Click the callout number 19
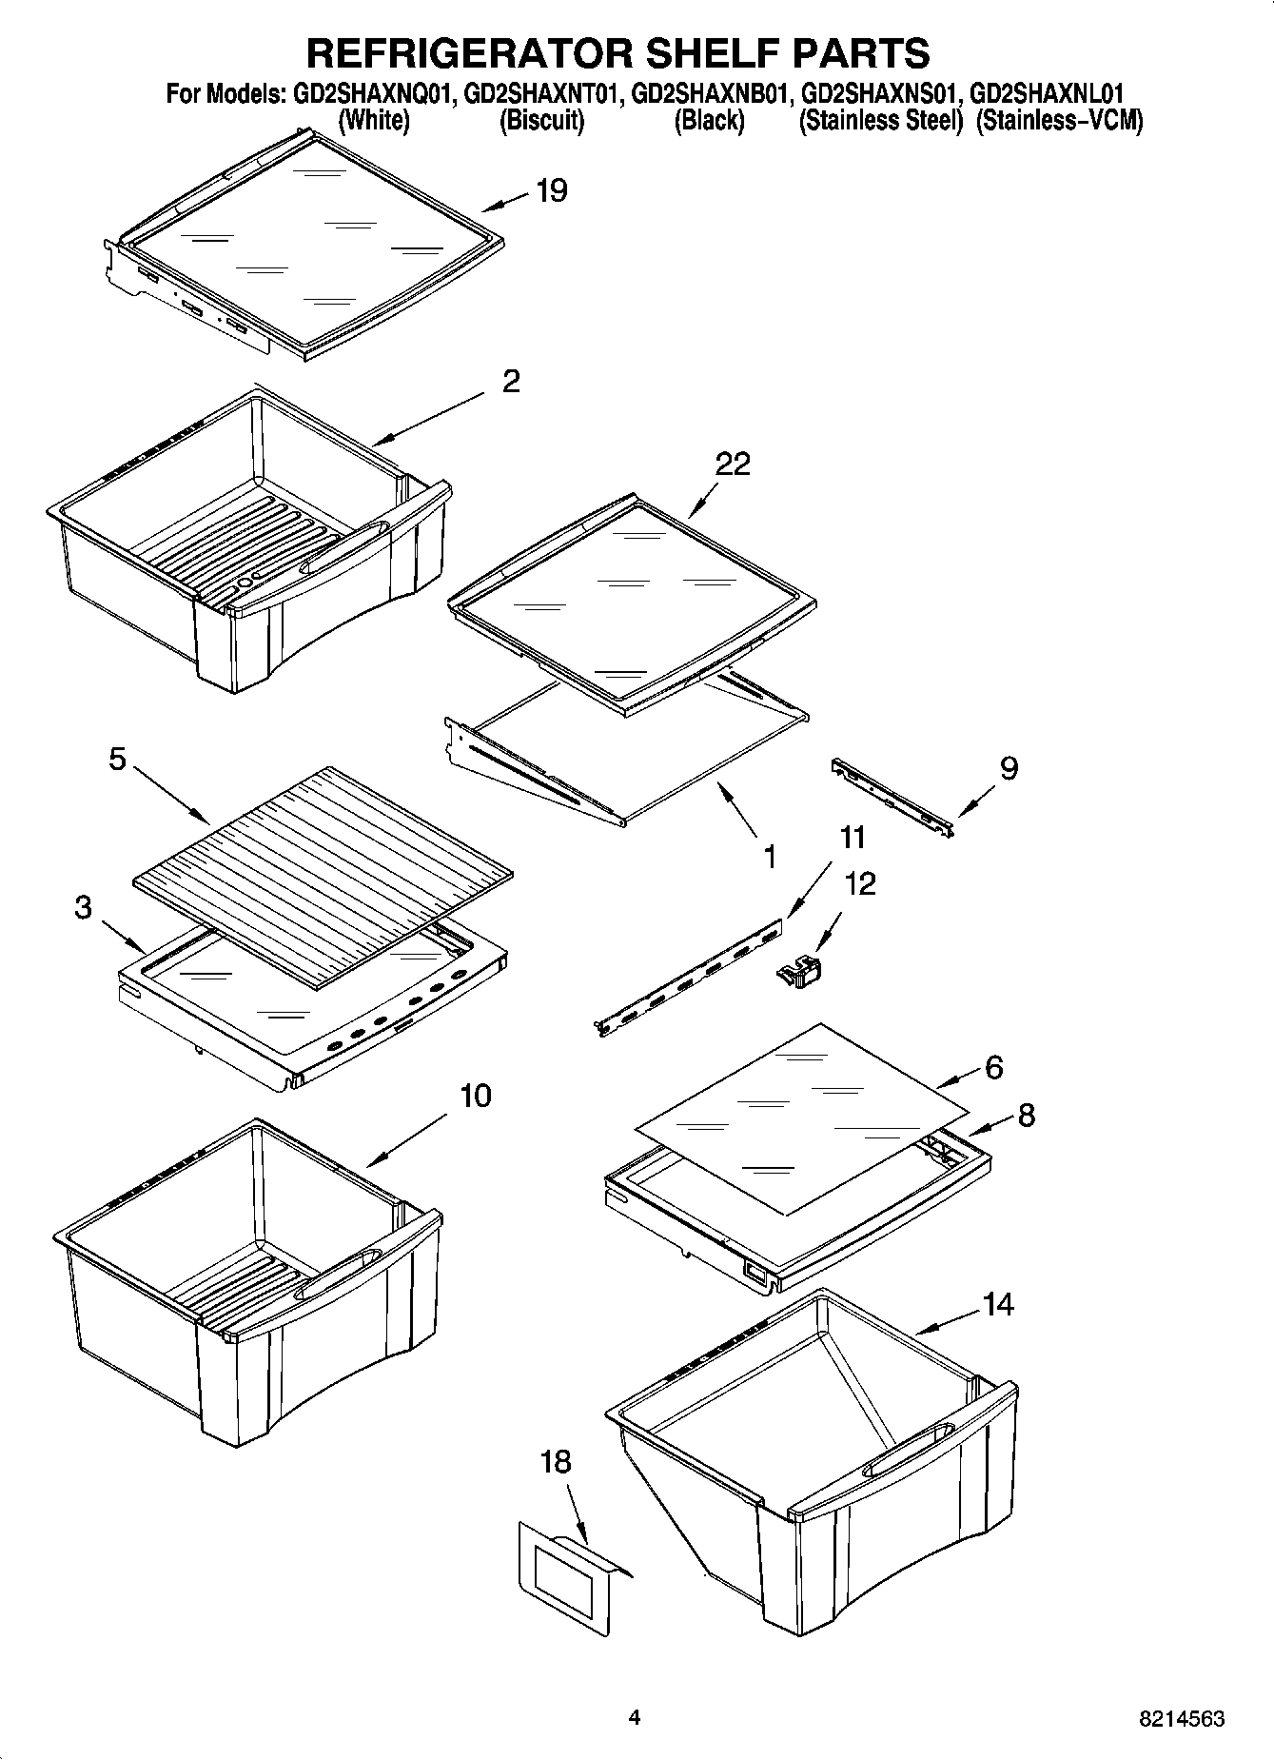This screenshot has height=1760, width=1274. click(552, 190)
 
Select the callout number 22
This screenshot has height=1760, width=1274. click(733, 464)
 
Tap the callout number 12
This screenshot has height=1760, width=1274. click(860, 883)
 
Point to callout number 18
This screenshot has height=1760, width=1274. click(556, 1461)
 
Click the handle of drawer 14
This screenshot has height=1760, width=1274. click(904, 1447)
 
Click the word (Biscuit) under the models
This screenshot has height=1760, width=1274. click(541, 121)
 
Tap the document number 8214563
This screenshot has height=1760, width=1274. click(1180, 1718)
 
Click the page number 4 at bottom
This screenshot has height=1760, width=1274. click(634, 1717)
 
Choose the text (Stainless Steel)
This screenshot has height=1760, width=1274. click(881, 121)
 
